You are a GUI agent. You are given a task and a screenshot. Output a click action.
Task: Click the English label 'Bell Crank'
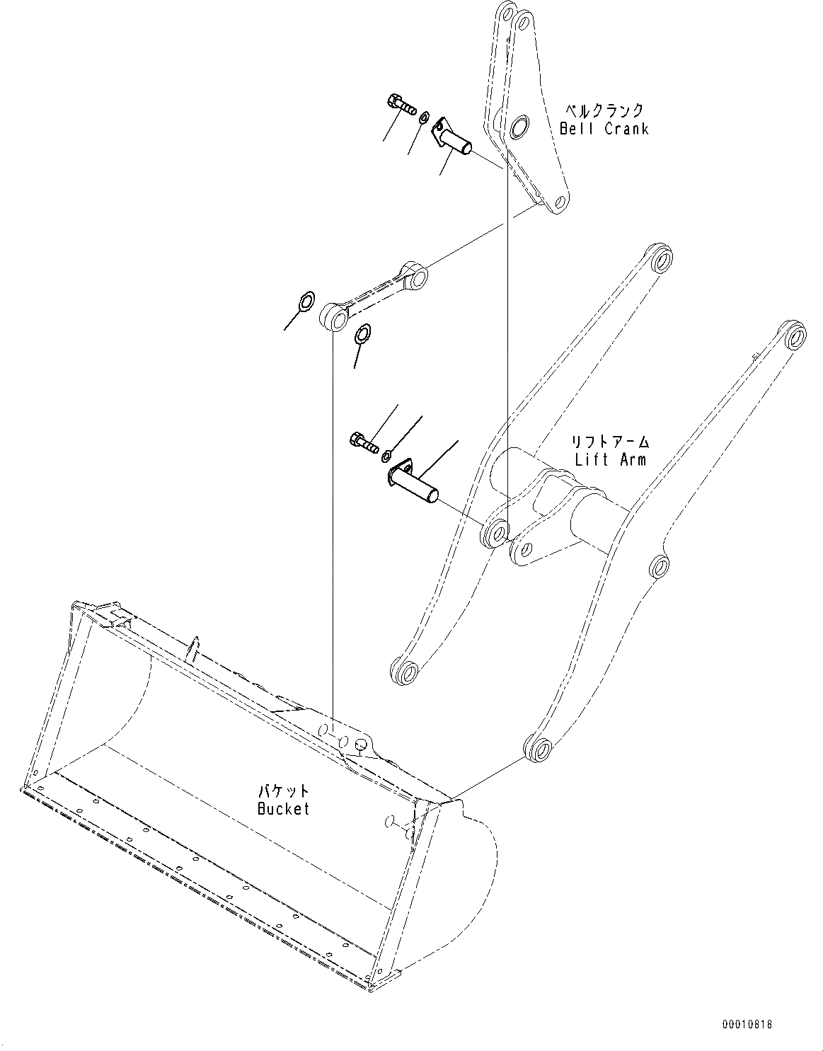pos(604,129)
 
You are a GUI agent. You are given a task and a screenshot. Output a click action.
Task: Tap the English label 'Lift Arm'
pos(610,459)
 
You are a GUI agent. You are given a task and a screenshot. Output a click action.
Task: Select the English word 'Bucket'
pos(283,808)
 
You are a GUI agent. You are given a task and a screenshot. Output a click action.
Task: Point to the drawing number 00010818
pos(747,1024)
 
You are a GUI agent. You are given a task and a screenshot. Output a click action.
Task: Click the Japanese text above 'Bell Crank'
pos(604,110)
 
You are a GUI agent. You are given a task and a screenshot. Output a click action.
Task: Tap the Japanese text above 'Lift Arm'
pos(610,442)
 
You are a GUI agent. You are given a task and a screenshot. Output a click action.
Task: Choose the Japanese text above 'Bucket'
pos(283,791)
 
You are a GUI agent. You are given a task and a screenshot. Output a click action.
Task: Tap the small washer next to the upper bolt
pos(424,117)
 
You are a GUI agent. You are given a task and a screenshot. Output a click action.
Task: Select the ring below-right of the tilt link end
pos(363,333)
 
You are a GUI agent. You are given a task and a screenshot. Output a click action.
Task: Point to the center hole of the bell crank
pos(519,127)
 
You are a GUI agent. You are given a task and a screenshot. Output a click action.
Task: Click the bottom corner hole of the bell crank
pos(560,202)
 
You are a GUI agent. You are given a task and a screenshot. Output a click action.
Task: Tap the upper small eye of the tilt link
pos(415,275)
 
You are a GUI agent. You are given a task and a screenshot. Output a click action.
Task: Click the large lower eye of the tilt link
pos(335,317)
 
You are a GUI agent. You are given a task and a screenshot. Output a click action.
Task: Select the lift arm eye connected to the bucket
pos(539,747)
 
